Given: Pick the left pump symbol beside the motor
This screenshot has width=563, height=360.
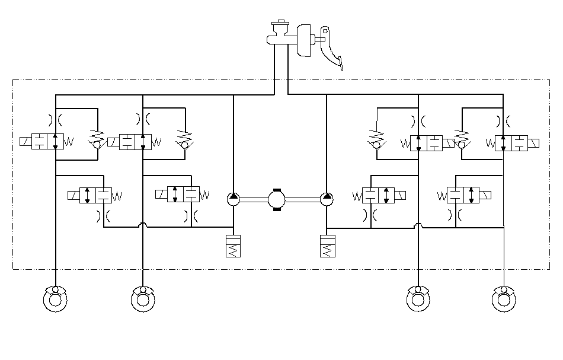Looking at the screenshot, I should click(x=233, y=199).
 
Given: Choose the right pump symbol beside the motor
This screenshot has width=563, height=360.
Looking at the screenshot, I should click(x=327, y=199).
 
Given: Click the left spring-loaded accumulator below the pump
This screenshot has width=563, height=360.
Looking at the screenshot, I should click(x=233, y=246).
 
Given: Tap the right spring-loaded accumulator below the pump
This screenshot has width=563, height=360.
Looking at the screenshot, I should click(x=327, y=246).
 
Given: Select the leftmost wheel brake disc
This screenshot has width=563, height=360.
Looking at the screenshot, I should click(x=55, y=298).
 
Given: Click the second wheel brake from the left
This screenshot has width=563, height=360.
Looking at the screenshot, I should click(x=143, y=298).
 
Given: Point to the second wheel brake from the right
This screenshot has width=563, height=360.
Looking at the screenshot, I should click(x=418, y=298).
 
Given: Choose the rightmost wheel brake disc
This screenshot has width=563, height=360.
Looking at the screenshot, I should click(x=503, y=298).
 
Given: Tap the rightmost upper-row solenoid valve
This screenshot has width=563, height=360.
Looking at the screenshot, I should click(x=511, y=143).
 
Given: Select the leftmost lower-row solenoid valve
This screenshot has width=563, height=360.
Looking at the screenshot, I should click(x=95, y=196).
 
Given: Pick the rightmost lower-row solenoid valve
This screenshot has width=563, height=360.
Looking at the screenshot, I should click(x=463, y=195).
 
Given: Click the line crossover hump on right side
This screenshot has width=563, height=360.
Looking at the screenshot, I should click(x=418, y=225).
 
